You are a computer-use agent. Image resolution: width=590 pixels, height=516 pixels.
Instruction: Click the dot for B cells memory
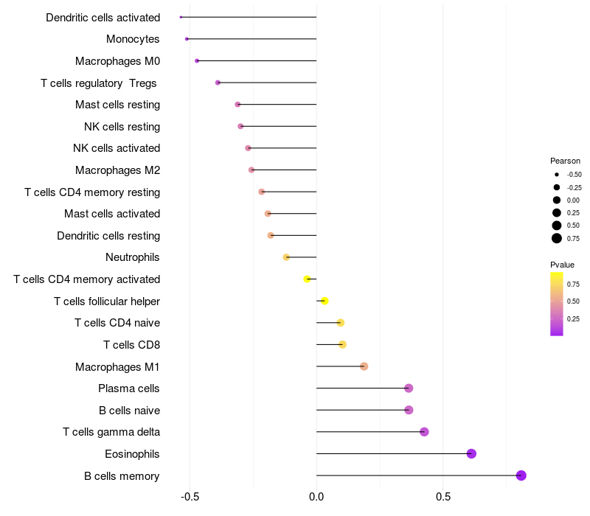pyautogui.click(x=521, y=475)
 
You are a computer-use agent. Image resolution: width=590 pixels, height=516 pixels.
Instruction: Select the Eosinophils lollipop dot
pyautogui.click(x=471, y=453)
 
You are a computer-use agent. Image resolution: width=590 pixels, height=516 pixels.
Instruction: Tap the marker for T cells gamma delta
pyautogui.click(x=424, y=432)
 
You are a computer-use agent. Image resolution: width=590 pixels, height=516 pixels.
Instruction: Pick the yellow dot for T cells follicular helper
pyautogui.click(x=324, y=301)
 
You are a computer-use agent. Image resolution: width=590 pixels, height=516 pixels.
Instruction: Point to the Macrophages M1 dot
pyautogui.click(x=364, y=366)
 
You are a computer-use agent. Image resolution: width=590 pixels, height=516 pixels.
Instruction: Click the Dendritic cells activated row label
pyautogui.click(x=103, y=17)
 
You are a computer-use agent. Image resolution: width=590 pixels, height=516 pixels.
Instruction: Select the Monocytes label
pyautogui.click(x=133, y=39)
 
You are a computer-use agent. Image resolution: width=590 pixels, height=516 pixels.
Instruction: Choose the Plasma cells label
pyautogui.click(x=129, y=388)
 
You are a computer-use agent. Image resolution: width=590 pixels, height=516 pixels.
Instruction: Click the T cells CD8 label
pyautogui.click(x=131, y=345)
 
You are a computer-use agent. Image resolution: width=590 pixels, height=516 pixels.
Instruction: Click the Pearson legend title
pyautogui.click(x=565, y=161)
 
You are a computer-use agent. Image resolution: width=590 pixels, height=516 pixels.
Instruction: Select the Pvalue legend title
pyautogui.click(x=562, y=265)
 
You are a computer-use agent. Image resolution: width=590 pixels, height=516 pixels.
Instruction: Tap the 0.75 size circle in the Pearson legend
pyautogui.click(x=556, y=238)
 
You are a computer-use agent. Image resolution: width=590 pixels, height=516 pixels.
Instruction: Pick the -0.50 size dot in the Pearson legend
pyautogui.click(x=556, y=175)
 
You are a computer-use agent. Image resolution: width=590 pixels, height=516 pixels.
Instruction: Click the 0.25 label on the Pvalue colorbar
pyautogui.click(x=573, y=318)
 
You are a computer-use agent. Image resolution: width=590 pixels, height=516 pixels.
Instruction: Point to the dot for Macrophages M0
pyautogui.click(x=197, y=60)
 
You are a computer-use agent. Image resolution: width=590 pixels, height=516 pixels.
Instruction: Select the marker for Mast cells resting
pyautogui.click(x=237, y=105)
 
